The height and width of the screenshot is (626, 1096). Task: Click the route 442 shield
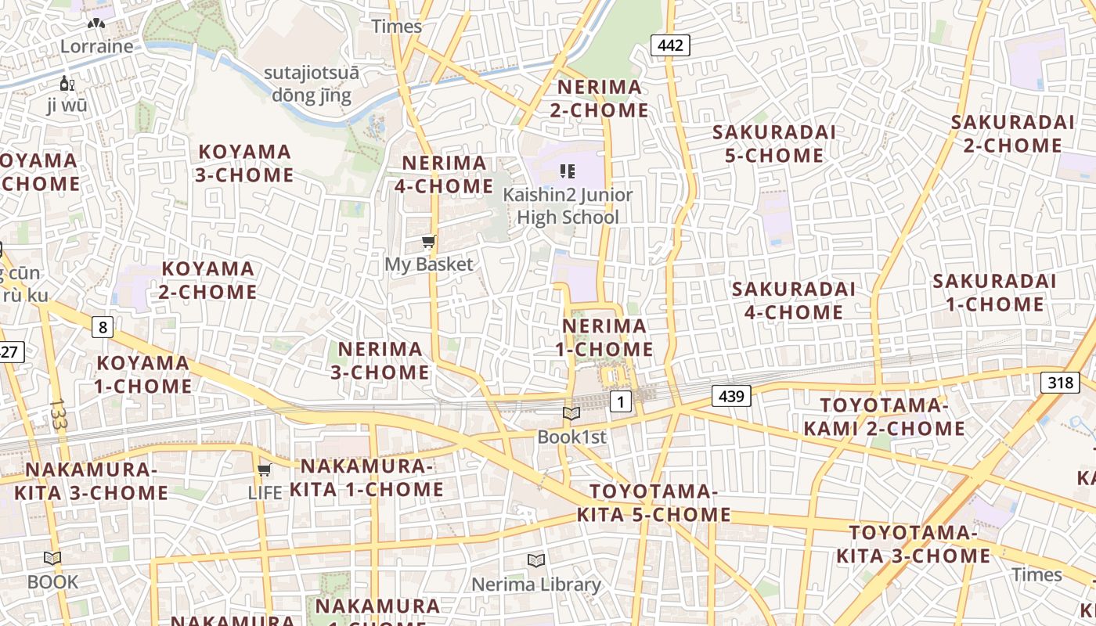[670, 45]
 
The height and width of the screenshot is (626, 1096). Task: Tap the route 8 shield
[103, 326]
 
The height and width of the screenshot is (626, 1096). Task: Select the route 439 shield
[731, 396]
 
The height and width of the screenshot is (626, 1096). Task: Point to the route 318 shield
[1060, 382]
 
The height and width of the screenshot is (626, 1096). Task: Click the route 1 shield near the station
[620, 402]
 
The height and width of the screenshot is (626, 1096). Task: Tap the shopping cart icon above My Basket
[428, 242]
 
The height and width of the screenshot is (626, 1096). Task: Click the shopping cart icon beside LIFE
[265, 470]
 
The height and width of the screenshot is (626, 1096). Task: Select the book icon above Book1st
[571, 414]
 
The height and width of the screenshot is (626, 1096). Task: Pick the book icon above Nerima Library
[535, 561]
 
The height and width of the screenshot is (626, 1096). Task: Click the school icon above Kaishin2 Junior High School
[568, 171]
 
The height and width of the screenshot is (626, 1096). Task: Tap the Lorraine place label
[97, 46]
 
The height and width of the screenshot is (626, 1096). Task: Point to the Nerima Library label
[536, 585]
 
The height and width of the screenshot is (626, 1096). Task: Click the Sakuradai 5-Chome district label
[773, 144]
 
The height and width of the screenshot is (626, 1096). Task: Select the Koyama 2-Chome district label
[208, 280]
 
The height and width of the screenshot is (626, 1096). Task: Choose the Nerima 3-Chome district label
[380, 361]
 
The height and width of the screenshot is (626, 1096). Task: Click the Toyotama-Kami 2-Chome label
[884, 417]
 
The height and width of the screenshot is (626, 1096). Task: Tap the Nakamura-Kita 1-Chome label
[366, 478]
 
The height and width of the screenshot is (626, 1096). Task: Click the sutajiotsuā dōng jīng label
[312, 85]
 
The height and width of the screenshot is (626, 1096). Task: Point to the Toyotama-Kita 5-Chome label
[654, 503]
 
